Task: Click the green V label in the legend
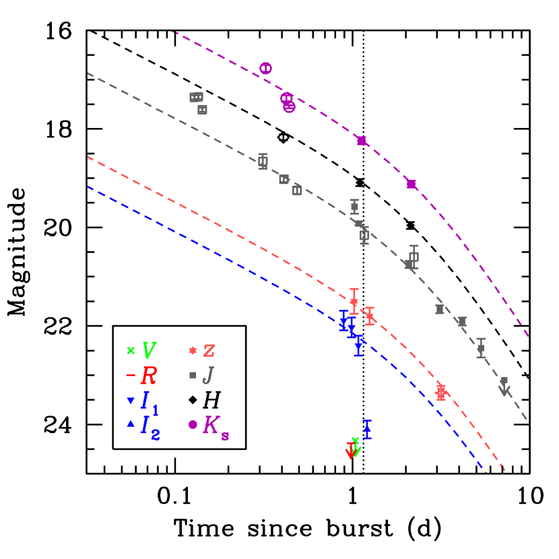tap(149, 350)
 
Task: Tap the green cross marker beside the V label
tap(131, 350)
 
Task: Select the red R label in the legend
tap(148, 375)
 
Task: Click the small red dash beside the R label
tap(131, 375)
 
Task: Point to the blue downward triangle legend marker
tap(131, 401)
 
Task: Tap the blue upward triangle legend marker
tap(131, 424)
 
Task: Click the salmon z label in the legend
tap(209, 350)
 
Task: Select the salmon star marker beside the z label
tap(193, 350)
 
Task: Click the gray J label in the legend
tap(208, 375)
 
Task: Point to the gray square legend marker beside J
tap(193, 375)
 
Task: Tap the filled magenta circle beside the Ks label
tap(193, 424)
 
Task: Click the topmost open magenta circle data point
tap(266, 68)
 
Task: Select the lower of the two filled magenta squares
tap(412, 184)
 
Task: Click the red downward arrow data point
tap(350, 452)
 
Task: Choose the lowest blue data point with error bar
tap(367, 429)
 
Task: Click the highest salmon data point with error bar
tap(354, 301)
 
